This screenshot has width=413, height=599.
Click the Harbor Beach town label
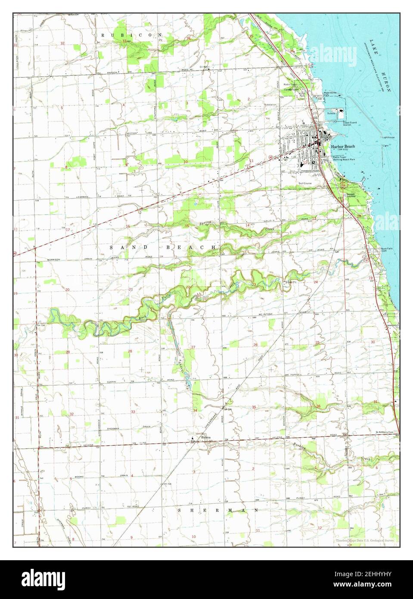(343, 147)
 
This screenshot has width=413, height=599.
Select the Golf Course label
(305, 183)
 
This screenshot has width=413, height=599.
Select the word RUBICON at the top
(131, 34)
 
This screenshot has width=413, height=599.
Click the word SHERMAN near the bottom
(219, 510)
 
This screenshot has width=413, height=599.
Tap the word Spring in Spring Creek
(206, 223)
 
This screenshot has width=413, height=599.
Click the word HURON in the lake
(387, 84)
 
